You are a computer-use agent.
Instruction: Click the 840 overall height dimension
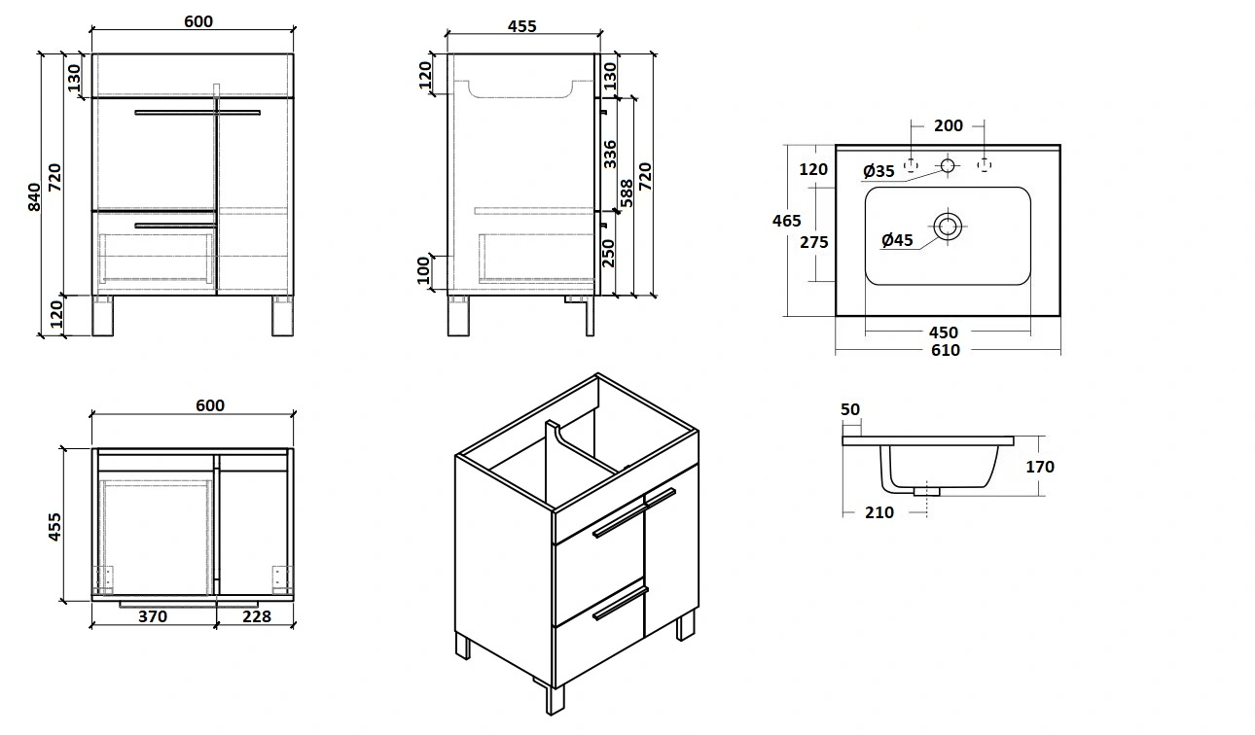tap(34, 196)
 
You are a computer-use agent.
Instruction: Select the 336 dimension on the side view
tap(610, 154)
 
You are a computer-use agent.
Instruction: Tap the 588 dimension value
tap(627, 194)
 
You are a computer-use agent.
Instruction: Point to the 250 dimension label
tap(610, 253)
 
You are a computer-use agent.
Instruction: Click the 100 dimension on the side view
tap(424, 272)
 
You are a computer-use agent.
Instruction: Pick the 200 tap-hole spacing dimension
tap(948, 125)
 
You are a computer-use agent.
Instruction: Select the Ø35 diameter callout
tap(878, 171)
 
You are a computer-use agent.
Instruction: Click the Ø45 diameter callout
tap(897, 239)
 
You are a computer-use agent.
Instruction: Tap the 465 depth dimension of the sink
tap(787, 221)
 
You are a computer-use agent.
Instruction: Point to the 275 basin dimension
tap(814, 242)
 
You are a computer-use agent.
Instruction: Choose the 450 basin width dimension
tap(943, 333)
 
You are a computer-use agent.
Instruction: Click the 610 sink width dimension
tap(945, 350)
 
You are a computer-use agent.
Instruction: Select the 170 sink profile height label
tap(1040, 467)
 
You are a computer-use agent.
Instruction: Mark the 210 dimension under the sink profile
tap(878, 512)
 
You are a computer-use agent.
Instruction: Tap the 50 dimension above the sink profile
tap(850, 410)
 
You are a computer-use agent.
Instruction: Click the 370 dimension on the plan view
tap(153, 616)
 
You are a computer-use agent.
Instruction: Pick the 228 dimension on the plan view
tap(257, 616)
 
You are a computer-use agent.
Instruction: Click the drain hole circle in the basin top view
tap(948, 227)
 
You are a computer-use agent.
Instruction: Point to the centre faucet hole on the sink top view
tap(948, 166)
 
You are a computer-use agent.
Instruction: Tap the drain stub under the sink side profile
tap(927, 491)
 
